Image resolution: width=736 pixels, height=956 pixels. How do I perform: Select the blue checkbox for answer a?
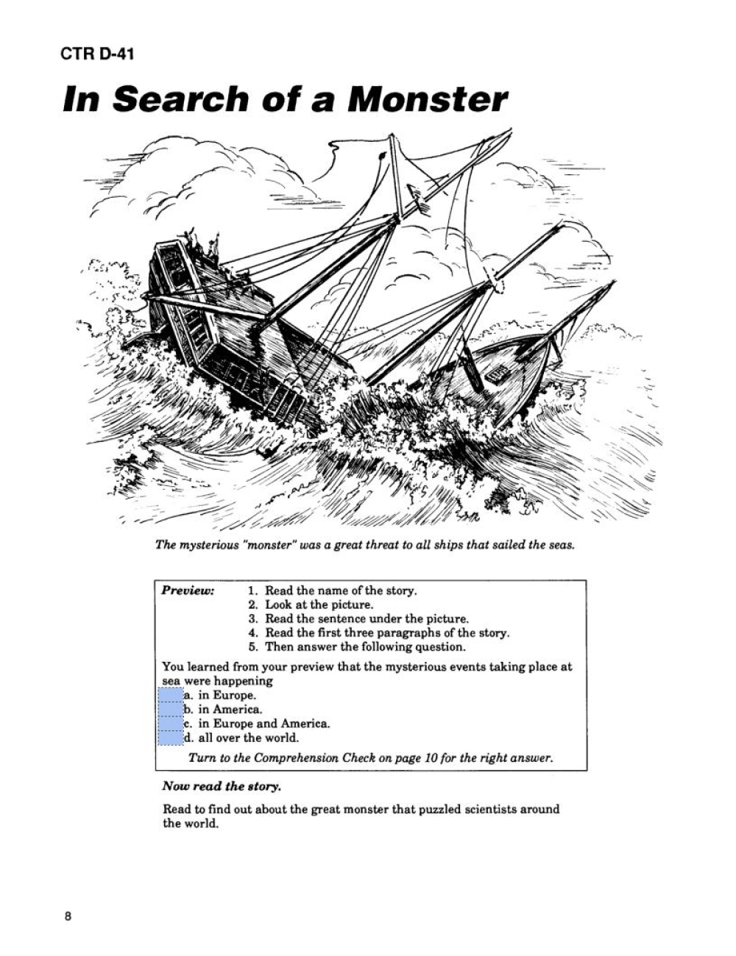(171, 695)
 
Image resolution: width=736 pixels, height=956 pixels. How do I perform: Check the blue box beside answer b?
(171, 710)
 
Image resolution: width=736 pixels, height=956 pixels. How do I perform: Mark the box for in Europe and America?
(171, 724)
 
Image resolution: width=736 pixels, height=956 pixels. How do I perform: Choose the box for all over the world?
(171, 738)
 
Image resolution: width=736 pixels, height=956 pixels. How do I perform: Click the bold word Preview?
(188, 591)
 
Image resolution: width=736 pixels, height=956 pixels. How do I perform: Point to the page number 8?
(68, 916)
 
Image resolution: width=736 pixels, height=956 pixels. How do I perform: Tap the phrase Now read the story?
(222, 786)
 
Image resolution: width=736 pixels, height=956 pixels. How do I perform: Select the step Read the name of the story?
(340, 591)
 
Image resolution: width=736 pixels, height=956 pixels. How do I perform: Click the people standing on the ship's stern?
(203, 245)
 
